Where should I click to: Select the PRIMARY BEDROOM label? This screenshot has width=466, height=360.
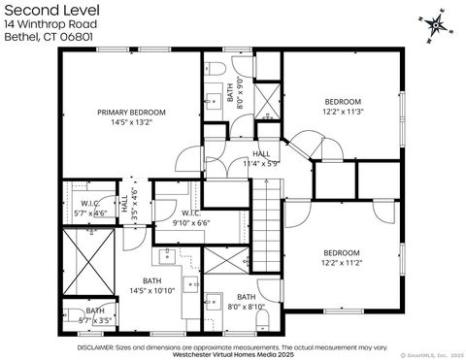(132, 113)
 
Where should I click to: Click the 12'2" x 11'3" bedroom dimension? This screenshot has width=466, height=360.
(343, 112)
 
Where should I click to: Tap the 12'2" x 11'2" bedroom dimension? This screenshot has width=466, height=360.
(342, 260)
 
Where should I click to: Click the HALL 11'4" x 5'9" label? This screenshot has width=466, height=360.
(261, 159)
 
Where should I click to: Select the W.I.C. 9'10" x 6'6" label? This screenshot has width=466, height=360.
(190, 217)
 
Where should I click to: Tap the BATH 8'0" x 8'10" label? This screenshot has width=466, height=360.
(246, 302)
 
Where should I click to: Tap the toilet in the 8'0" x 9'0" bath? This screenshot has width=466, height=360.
(217, 67)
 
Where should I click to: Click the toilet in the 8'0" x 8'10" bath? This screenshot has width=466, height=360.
(214, 303)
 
